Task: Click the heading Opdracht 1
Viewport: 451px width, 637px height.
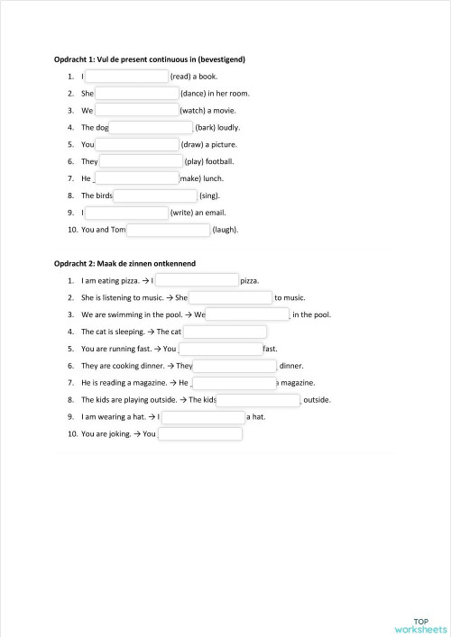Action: click(150, 59)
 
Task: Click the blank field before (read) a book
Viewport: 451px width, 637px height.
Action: click(127, 77)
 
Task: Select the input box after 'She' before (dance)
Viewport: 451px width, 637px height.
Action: click(137, 93)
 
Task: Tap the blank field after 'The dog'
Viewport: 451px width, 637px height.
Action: click(151, 127)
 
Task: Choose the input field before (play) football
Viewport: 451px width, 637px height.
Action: click(141, 161)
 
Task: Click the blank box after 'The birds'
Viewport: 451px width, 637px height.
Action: click(155, 195)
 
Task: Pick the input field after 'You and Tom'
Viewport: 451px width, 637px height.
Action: click(168, 230)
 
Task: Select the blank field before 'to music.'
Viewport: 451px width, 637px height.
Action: click(230, 297)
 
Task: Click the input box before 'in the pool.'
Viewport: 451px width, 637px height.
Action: click(247, 314)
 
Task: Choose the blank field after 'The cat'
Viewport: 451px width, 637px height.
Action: click(225, 332)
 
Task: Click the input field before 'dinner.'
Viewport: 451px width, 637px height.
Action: click(235, 366)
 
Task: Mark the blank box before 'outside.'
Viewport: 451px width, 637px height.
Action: click(258, 400)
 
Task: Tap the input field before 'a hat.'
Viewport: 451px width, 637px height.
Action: click(202, 417)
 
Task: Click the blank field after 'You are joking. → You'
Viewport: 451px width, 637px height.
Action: click(199, 434)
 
